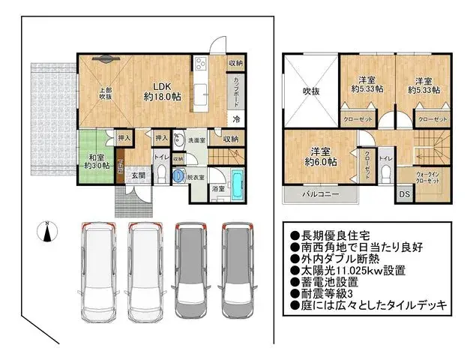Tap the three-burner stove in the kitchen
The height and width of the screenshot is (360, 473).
click(x=201, y=64)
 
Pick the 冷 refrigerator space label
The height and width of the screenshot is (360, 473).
click(x=235, y=119)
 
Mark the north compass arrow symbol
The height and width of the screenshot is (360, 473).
click(x=46, y=234)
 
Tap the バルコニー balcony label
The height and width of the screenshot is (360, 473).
click(x=320, y=194)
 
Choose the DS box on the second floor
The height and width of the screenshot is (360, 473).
click(x=404, y=195)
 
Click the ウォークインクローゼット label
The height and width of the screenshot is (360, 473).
click(x=428, y=178)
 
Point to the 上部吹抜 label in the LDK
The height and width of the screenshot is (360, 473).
click(x=106, y=94)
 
